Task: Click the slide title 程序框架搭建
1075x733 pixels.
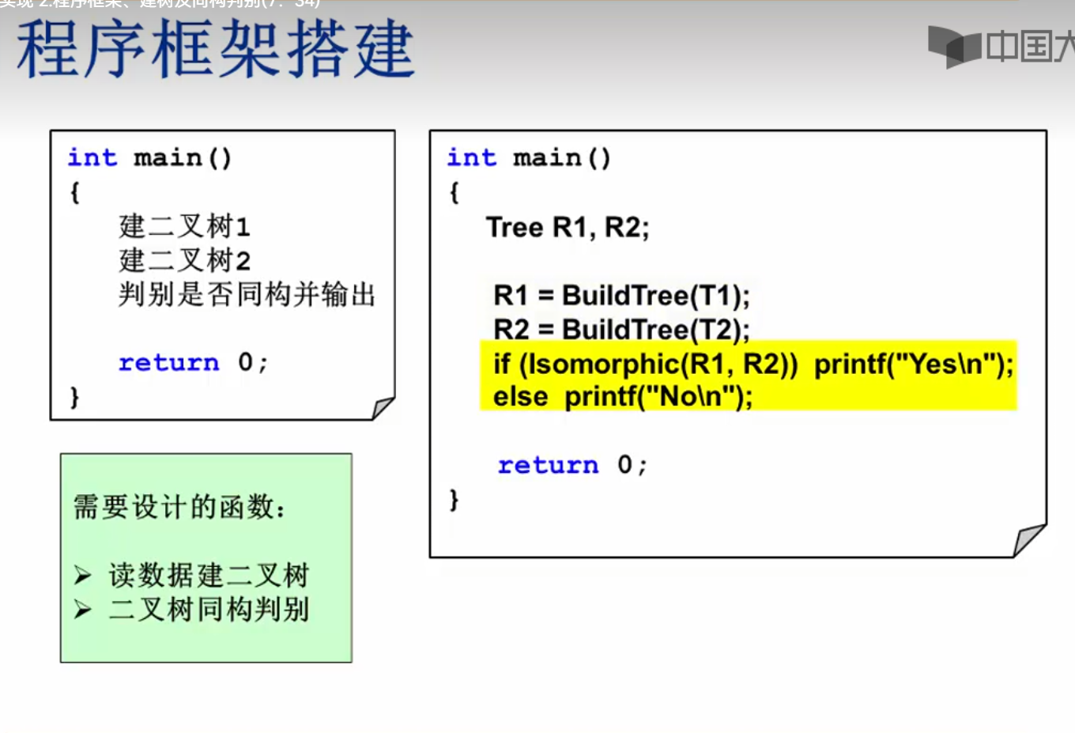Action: click(x=215, y=49)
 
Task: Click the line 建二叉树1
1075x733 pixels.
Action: click(x=184, y=227)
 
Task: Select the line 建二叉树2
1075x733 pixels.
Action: click(x=184, y=260)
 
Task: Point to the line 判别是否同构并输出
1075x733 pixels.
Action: click(x=247, y=294)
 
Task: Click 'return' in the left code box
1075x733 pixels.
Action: click(x=168, y=363)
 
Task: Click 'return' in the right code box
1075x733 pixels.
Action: click(x=548, y=465)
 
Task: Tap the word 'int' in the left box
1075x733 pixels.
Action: click(x=92, y=157)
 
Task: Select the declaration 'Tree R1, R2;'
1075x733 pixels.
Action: click(x=568, y=228)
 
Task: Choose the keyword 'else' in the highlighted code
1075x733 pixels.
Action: click(x=520, y=396)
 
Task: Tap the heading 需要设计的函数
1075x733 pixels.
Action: click(x=179, y=507)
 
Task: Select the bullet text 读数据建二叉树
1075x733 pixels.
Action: click(x=209, y=575)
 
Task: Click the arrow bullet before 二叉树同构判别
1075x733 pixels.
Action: click(x=83, y=609)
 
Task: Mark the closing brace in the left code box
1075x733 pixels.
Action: click(x=75, y=396)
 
